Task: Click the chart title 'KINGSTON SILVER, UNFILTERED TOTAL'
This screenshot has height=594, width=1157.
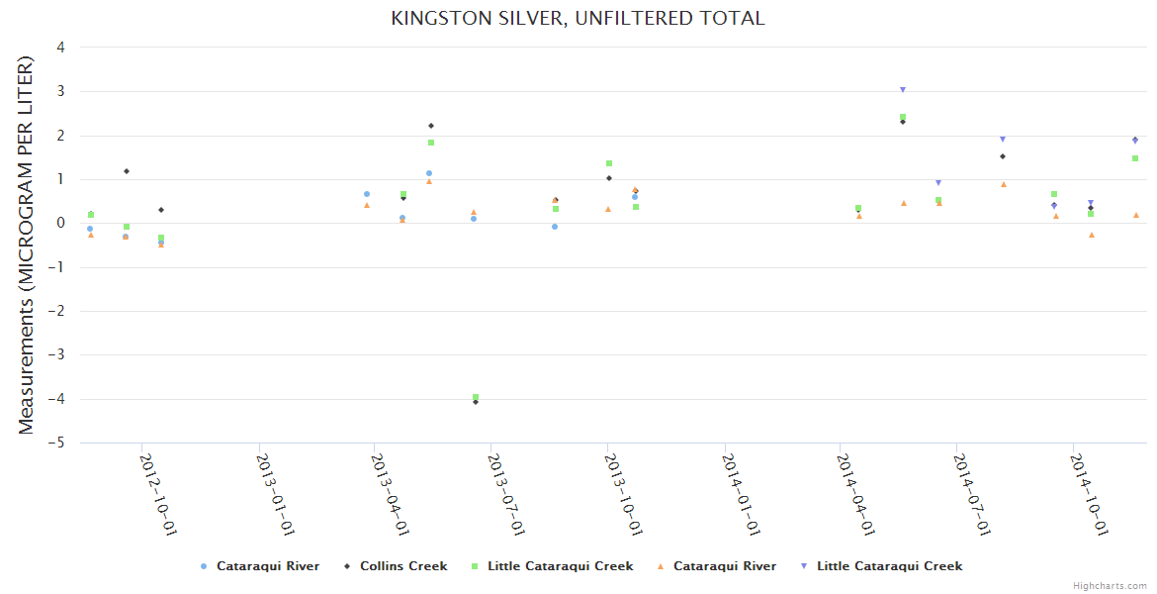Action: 578,18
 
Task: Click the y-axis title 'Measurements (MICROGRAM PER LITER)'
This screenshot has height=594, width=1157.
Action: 27,245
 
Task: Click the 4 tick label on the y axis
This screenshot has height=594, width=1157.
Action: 61,47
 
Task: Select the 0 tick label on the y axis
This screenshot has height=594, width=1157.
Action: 61,223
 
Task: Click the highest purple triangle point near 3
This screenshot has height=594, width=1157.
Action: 903,90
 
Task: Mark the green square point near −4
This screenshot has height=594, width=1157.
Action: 476,397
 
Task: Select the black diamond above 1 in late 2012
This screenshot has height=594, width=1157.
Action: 127,171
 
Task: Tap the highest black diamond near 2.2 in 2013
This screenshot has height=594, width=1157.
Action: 431,126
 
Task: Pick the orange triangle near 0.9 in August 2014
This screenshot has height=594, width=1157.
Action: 1004,184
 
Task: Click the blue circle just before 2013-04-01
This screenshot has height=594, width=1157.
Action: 367,194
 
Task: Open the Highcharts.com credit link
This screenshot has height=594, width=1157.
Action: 1110,586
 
